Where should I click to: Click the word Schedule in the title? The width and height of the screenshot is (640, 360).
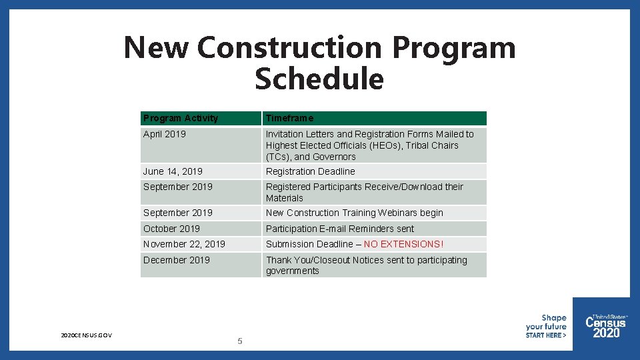tap(319, 79)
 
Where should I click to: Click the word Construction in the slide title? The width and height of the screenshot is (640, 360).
tap(290, 47)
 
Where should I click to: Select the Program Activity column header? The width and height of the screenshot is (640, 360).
tap(181, 118)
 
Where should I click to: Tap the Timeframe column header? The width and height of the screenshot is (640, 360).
tap(289, 118)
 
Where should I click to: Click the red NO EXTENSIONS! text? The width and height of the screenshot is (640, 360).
tap(403, 244)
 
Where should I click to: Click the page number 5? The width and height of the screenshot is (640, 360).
tap(240, 341)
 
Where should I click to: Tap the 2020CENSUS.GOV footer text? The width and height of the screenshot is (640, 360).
tap(86, 335)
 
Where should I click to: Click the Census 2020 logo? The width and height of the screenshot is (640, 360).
tap(605, 326)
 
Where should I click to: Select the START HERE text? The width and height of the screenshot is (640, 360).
tap(545, 335)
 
